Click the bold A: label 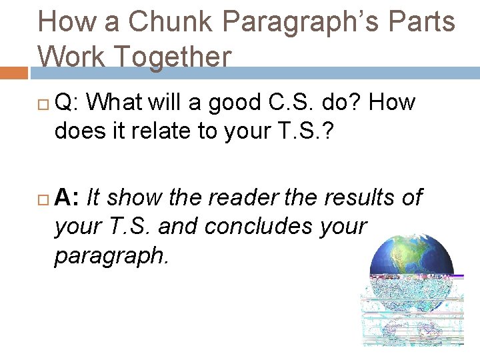(x=67, y=197)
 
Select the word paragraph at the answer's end (x=111, y=255)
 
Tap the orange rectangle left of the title (x=13, y=72)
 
